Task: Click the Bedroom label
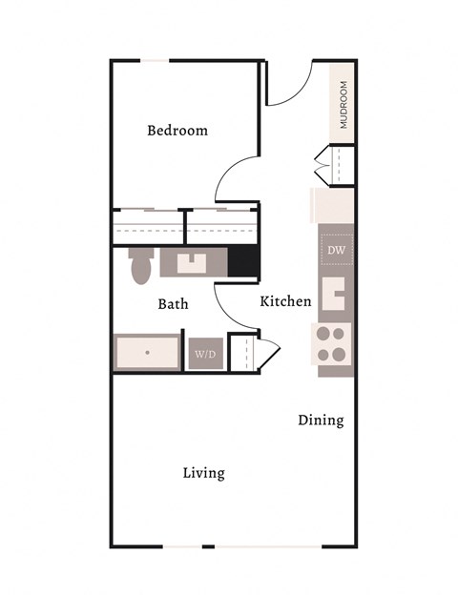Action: pos(177,131)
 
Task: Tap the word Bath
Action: pos(173,304)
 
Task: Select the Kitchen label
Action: pos(285,301)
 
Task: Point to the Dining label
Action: pos(321,420)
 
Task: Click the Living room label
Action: pos(203,473)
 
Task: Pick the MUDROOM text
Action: pos(343,105)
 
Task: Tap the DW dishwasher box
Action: pos(336,250)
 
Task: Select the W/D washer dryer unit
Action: pos(205,355)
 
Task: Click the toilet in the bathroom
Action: pos(141,266)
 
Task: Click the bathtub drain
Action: pos(148,352)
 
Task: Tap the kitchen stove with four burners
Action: pos(333,343)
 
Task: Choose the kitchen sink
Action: pos(335,293)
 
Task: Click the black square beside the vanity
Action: pos(243,261)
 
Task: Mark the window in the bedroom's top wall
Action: pos(154,61)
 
